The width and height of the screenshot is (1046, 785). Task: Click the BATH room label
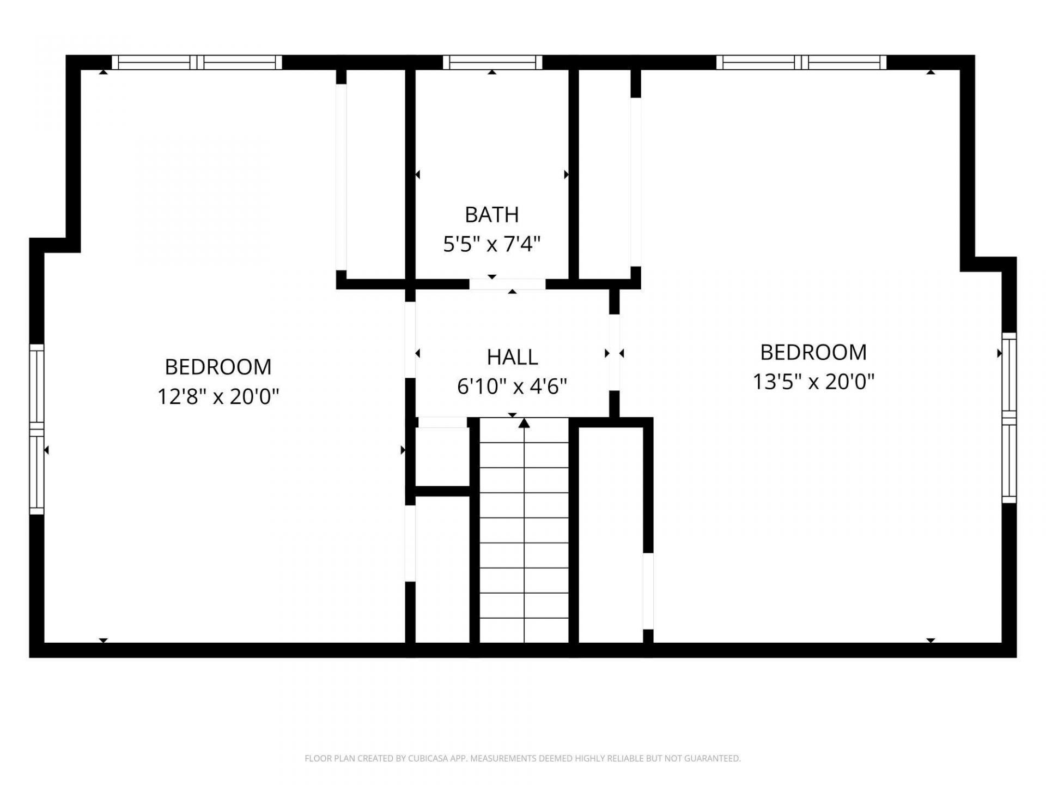(491, 215)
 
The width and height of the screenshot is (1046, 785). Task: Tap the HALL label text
(512, 357)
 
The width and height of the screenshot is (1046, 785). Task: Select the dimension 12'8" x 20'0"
(218, 396)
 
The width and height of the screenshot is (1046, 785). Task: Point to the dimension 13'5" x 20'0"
(813, 382)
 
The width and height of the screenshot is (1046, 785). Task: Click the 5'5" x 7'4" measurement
(491, 244)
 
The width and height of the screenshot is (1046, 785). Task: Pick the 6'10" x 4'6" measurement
(512, 387)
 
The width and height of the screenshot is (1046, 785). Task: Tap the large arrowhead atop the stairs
(524, 422)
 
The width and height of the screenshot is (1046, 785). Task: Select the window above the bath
(492, 62)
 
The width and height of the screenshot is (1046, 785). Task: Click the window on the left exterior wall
(37, 429)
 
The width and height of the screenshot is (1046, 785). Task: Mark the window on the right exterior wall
(1009, 418)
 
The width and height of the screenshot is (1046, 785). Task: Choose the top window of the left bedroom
(197, 62)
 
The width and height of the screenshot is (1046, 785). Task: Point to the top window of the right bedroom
(801, 62)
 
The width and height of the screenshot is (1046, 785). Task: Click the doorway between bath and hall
(507, 284)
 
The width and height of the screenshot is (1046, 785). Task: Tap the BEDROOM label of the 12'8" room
(218, 367)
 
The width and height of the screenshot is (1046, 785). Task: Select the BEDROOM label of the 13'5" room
(813, 352)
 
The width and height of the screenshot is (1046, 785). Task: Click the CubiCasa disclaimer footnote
(522, 758)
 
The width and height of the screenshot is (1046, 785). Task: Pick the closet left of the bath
(376, 174)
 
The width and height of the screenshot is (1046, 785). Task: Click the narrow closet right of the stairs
(611, 535)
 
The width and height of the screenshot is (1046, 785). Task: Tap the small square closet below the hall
(442, 457)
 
